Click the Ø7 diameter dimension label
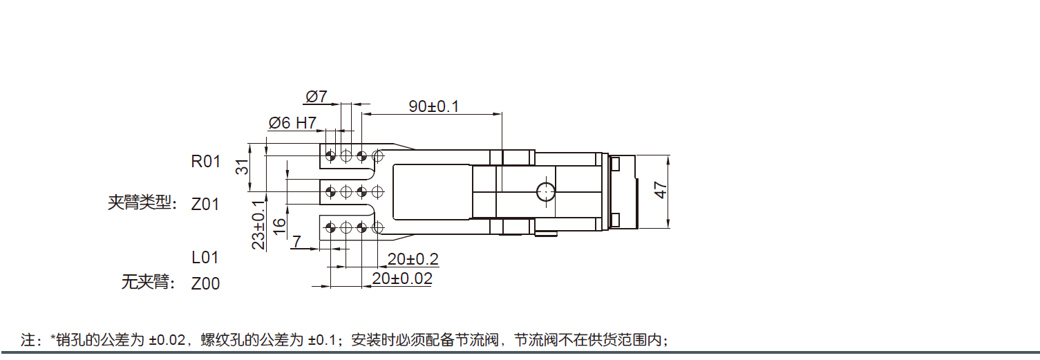coord(315,95)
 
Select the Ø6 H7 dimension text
coord(292,123)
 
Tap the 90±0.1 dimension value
coord(433,106)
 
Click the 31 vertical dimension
coord(241,167)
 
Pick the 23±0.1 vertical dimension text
coord(258,225)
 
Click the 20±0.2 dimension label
coord(413,260)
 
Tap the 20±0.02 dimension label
coord(402,278)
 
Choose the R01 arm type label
coord(205,162)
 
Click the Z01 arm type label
coord(205,205)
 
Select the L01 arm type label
coord(205,258)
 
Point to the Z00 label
coord(205,283)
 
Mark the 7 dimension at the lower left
coord(296,241)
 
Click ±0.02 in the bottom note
coord(167,340)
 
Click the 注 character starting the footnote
coord(28,340)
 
